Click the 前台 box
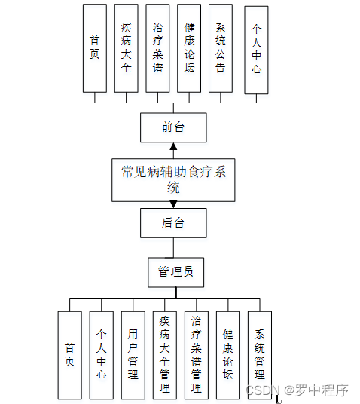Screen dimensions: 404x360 coord(173,127)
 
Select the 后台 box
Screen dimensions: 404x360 coord(173,222)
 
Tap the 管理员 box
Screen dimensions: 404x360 coord(175,271)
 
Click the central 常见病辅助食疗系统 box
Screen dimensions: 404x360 coord(173,180)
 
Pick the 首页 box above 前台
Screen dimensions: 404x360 coord(94,47)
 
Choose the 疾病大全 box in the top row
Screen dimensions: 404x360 coord(126,47)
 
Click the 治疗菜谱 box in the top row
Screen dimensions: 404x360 coord(157,47)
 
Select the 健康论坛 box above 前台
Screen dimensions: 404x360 coord(189,47)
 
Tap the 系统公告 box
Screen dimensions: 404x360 coord(220,47)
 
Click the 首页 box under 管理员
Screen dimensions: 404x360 coord(69,355)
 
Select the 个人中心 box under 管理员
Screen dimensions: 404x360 coord(101,355)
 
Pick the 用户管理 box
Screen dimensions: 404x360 coord(133,355)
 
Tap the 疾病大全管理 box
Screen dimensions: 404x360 coord(164,355)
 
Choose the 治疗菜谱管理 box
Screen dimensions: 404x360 coord(196,355)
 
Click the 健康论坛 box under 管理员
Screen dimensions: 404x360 coord(227,355)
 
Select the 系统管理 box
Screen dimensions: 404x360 coord(259,355)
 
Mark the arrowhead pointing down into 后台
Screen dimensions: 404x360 coord(173,204)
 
